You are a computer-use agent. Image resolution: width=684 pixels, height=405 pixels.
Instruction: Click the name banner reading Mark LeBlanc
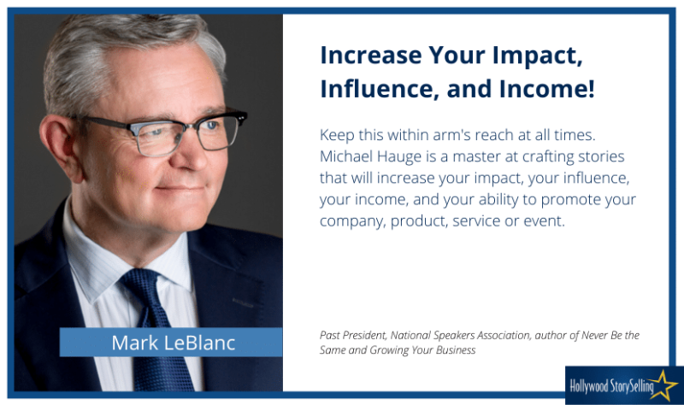click(171, 343)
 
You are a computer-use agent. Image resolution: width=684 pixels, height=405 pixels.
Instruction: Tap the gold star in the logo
click(663, 385)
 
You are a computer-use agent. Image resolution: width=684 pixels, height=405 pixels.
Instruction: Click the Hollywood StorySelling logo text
click(611, 386)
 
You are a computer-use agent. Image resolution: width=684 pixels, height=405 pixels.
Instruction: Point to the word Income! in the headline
click(546, 89)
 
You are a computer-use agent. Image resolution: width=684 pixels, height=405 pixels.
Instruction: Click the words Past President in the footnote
click(353, 335)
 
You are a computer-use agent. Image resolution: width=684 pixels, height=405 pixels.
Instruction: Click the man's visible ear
click(56, 143)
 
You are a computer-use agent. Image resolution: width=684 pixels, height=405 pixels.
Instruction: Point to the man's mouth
click(180, 188)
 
